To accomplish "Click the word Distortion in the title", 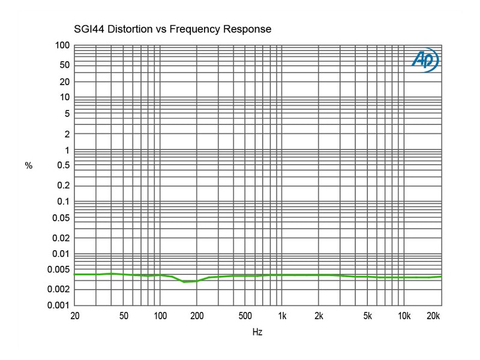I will [x=135, y=29].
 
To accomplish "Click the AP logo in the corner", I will [x=425, y=60].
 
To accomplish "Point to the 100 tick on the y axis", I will [x=63, y=46].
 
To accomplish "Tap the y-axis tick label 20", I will [x=65, y=82].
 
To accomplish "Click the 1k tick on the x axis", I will [x=282, y=316].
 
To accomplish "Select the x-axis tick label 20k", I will [x=433, y=316].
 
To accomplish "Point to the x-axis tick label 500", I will [x=245, y=316].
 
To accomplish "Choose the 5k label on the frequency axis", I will [x=367, y=316].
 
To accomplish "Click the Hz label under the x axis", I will [x=257, y=332].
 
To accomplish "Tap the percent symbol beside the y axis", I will [x=28, y=166].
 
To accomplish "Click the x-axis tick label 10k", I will [x=404, y=316].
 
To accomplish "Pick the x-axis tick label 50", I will [x=124, y=316].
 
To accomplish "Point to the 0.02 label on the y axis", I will [x=61, y=238].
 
